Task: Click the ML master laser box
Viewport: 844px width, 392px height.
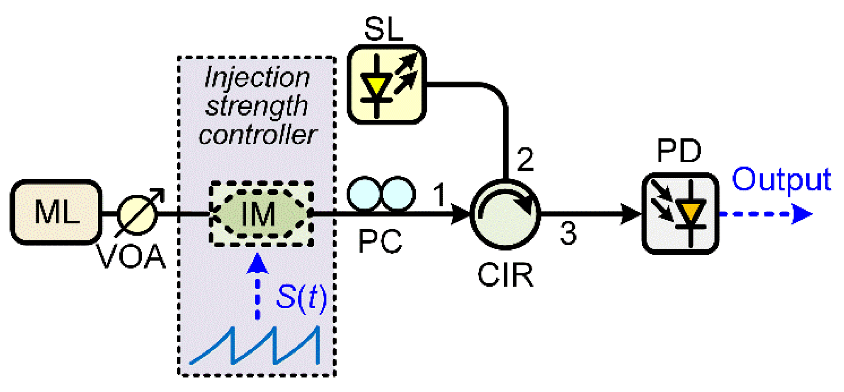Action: point(56,212)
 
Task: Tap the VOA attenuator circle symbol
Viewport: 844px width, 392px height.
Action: point(137,214)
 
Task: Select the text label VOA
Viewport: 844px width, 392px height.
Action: point(131,257)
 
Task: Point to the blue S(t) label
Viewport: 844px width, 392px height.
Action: point(301,297)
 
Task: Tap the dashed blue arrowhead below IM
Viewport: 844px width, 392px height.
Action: point(257,264)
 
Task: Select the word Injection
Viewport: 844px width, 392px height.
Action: point(257,78)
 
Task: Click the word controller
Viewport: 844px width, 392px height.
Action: point(257,135)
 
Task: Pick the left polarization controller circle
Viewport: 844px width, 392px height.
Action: point(364,194)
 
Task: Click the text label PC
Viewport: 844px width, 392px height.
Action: point(380,241)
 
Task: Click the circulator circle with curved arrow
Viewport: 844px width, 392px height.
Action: point(505,214)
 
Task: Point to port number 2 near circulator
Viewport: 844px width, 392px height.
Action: point(525,159)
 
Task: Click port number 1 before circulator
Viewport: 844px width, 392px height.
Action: point(439,195)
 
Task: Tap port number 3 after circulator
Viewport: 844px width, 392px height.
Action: point(568,233)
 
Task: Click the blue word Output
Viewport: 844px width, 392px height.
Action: point(781,180)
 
